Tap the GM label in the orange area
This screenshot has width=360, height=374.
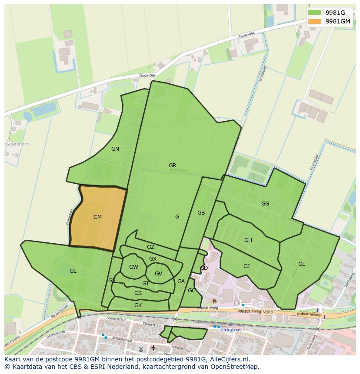point(97,217)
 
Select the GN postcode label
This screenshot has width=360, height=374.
point(115,149)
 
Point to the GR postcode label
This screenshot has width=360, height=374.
point(172,165)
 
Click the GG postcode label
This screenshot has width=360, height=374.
point(265,203)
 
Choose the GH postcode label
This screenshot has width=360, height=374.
point(248,240)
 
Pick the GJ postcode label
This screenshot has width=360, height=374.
point(247,266)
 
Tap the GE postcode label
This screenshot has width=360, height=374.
point(302,264)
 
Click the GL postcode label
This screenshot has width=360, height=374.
point(73,271)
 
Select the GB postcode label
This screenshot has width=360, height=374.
point(201,213)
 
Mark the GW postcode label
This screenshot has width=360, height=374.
point(133,267)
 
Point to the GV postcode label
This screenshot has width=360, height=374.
point(158,274)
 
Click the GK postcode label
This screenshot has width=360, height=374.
point(138,305)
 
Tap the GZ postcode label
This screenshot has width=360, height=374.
point(150,247)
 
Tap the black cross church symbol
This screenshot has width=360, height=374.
point(153,348)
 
